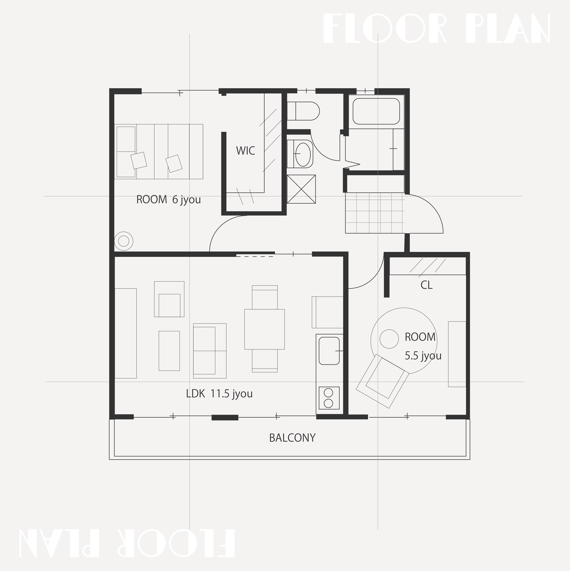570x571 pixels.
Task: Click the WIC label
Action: pyautogui.click(x=245, y=151)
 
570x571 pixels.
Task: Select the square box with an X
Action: pyautogui.click(x=301, y=189)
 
